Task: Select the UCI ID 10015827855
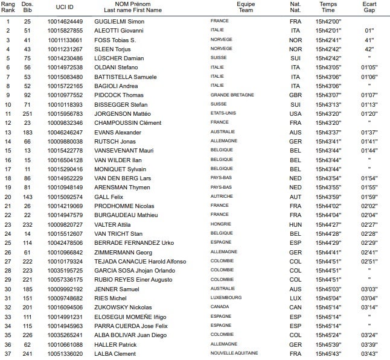[69, 31]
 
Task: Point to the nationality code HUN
[295, 224]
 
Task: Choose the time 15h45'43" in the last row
[328, 353]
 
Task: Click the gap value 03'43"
[369, 353]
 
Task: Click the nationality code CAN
[295, 307]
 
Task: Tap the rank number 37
[8, 353]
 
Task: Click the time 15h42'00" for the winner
[328, 22]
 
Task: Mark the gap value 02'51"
[369, 261]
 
